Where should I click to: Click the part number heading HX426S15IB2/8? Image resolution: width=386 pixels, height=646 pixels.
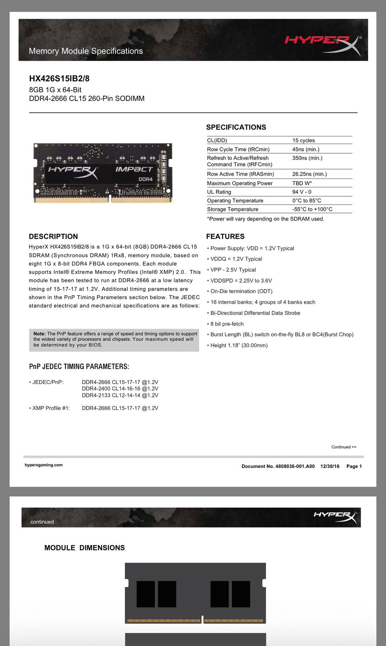pyautogui.click(x=59, y=79)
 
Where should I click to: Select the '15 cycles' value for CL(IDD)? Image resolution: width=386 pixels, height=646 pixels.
pyautogui.click(x=304, y=141)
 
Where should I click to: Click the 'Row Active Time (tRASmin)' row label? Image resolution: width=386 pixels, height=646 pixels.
pyautogui.click(x=240, y=174)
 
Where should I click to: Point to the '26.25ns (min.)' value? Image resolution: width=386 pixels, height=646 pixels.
pyautogui.click(x=309, y=174)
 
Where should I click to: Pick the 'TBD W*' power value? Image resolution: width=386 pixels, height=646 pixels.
pyautogui.click(x=302, y=183)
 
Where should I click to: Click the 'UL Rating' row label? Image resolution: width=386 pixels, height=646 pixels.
pyautogui.click(x=219, y=192)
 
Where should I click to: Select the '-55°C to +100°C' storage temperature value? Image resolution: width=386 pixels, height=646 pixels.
pyautogui.click(x=312, y=209)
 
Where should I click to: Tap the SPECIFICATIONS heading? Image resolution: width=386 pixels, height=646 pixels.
pyautogui.click(x=236, y=127)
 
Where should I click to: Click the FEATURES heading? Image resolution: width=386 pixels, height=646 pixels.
pyautogui.click(x=225, y=237)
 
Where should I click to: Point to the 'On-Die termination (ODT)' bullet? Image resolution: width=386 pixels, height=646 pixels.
pyautogui.click(x=241, y=291)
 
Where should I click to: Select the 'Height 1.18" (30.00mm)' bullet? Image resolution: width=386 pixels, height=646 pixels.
pyautogui.click(x=239, y=345)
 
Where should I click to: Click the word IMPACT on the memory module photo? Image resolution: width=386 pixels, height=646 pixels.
pyautogui.click(x=134, y=169)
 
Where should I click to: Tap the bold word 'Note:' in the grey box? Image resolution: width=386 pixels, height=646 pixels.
pyautogui.click(x=39, y=334)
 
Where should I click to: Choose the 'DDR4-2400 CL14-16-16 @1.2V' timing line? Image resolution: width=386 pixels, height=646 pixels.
pyautogui.click(x=120, y=388)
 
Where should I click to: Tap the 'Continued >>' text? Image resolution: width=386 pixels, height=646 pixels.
pyautogui.click(x=344, y=447)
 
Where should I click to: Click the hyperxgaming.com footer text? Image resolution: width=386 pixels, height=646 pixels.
pyautogui.click(x=44, y=465)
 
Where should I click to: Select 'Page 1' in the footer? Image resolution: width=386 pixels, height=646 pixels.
pyautogui.click(x=354, y=466)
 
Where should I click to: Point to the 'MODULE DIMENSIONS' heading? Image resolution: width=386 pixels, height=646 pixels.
pyautogui.click(x=84, y=548)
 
